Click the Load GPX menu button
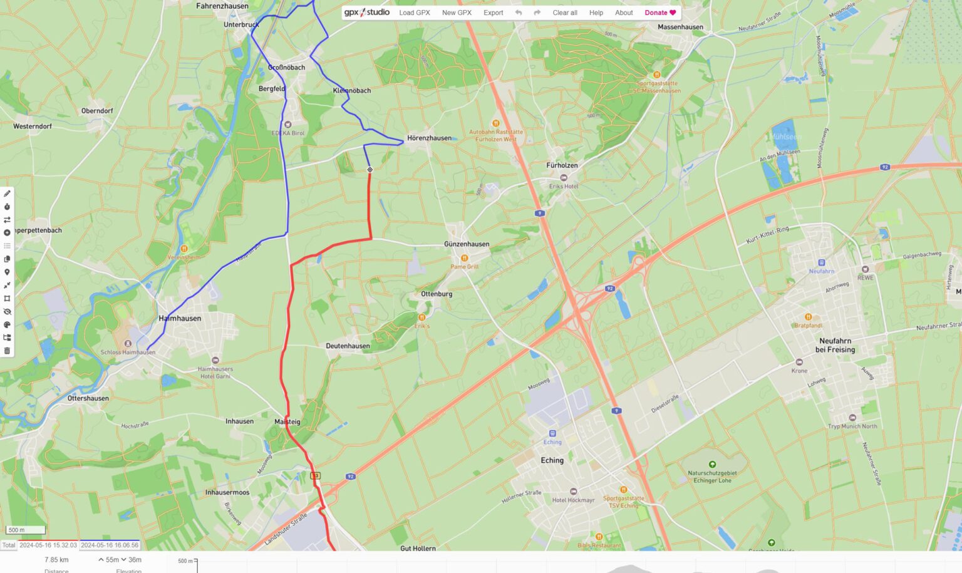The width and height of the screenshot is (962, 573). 414,13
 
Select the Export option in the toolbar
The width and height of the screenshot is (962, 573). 493,13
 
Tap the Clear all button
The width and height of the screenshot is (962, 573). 564,13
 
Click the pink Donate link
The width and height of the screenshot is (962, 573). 660,13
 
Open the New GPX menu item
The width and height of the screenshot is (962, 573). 457,13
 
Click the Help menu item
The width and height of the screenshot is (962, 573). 596,13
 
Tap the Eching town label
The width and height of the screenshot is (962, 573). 552,460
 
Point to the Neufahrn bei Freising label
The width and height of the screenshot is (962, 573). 835,345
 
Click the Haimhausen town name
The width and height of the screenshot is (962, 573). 180,318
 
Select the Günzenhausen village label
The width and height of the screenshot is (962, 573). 467,244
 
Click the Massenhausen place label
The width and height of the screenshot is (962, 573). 680,27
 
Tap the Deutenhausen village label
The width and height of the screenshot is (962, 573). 348,346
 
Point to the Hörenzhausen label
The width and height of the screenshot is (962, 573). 429,138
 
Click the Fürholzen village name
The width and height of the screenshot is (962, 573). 562,165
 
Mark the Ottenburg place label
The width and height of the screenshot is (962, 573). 437,294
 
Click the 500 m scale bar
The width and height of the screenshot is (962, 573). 26,530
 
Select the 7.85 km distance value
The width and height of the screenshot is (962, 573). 56,560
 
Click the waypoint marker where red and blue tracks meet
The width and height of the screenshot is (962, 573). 370,170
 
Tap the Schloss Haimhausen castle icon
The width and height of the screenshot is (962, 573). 128,344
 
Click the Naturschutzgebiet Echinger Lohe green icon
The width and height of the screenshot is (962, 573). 712,464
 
